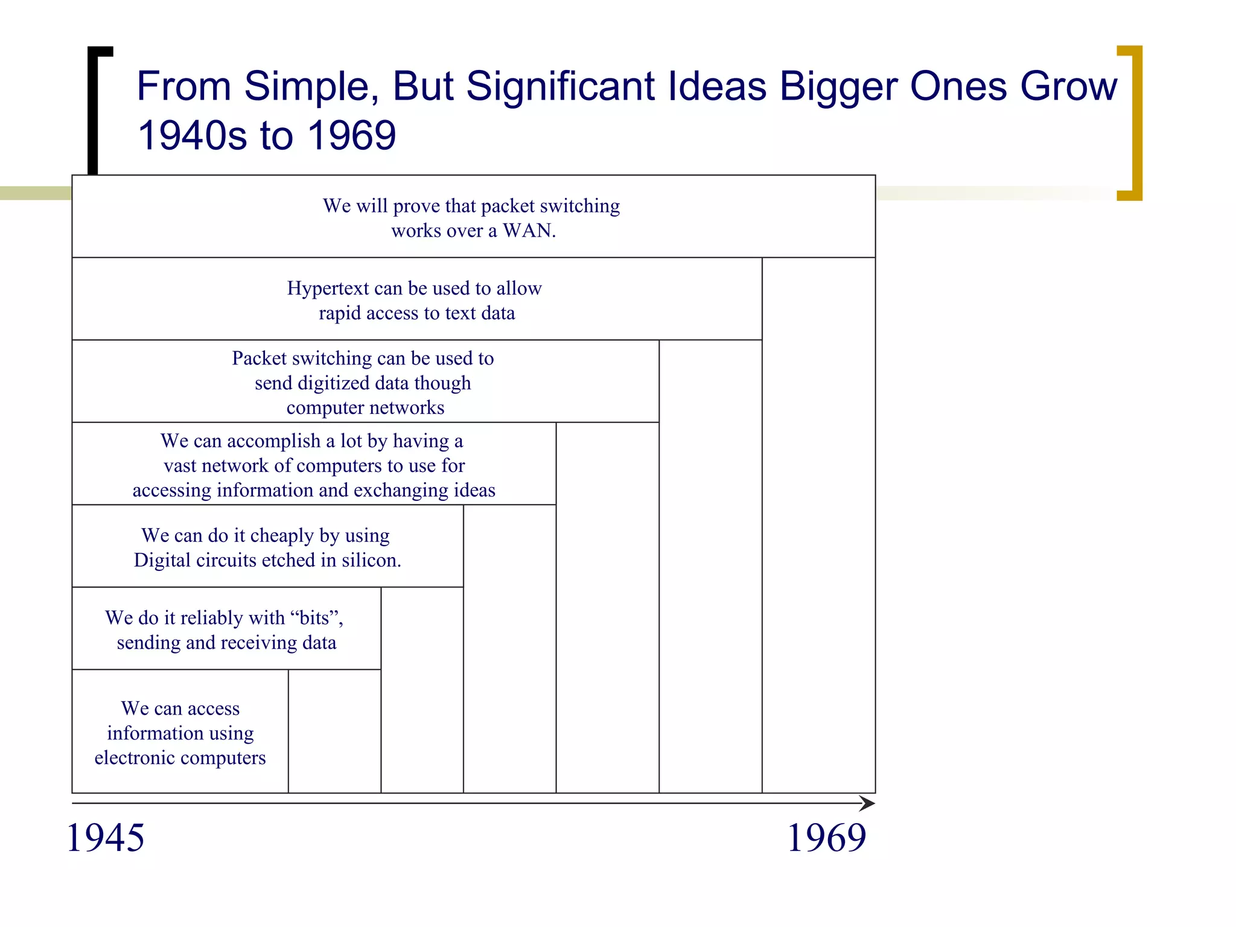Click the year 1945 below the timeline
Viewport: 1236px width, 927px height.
(106, 838)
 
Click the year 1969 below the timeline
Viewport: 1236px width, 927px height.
(826, 838)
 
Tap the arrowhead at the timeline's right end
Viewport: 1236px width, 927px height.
(868, 803)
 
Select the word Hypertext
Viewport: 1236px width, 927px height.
(327, 288)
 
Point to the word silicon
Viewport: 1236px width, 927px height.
(371, 561)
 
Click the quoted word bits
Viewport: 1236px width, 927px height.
(314, 618)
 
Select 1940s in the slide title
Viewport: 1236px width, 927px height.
(193, 135)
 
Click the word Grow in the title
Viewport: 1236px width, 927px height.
(1068, 86)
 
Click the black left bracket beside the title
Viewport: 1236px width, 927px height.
(94, 109)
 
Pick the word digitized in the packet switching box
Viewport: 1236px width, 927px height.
(333, 383)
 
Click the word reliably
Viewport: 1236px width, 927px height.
(211, 618)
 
